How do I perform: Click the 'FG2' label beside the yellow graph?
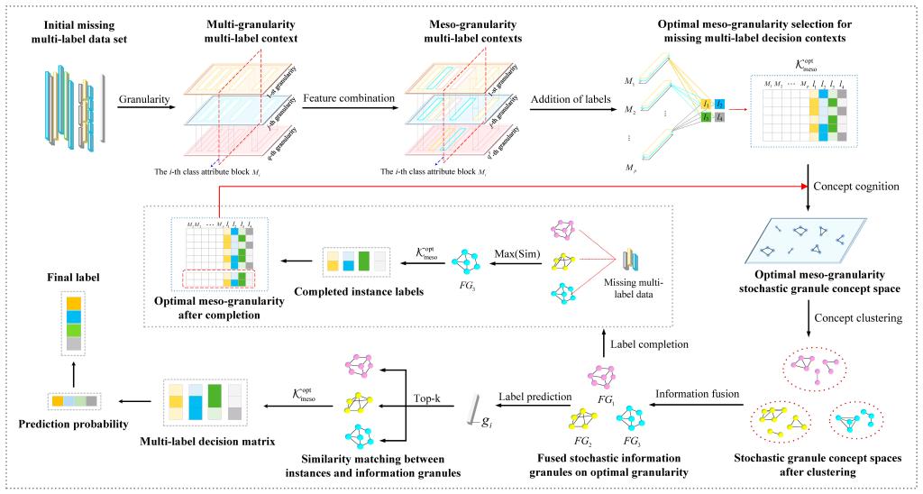pos(584,443)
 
